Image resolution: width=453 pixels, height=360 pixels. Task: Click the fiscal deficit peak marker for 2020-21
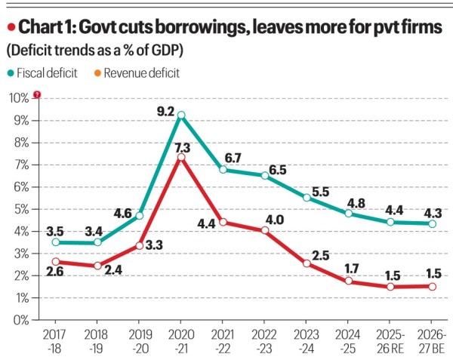180,115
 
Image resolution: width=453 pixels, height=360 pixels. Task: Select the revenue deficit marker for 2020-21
180,157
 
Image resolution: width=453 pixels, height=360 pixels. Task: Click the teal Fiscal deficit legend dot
11,73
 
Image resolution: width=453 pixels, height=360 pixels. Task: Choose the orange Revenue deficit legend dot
96,73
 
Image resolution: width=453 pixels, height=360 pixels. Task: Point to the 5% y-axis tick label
20,209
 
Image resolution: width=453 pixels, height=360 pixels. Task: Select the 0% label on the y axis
20,320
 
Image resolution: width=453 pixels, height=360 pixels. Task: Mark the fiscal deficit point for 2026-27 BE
432,223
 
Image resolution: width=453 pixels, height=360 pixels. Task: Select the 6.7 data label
232,157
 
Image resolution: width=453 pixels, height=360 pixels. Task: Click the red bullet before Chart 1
10,29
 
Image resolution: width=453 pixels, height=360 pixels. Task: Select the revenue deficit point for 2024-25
348,281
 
